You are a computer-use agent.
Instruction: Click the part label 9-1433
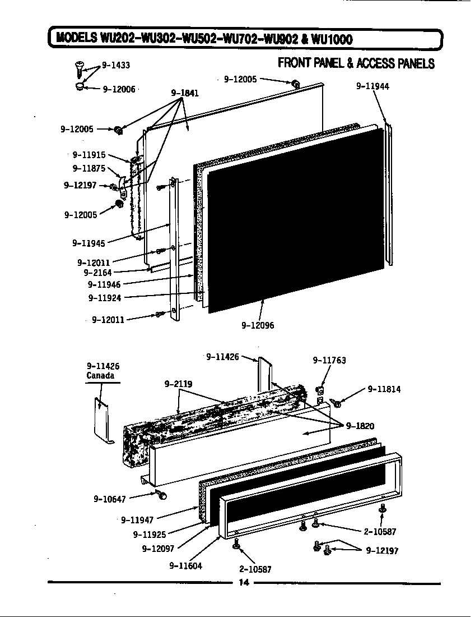(115, 65)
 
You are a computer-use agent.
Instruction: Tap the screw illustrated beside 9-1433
(78, 70)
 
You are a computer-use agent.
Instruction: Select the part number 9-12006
(119, 89)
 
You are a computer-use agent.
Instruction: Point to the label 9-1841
(184, 93)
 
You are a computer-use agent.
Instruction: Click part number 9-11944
(372, 86)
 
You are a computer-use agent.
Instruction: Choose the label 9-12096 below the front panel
(258, 325)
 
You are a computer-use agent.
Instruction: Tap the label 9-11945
(88, 243)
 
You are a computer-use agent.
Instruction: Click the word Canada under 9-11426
(103, 375)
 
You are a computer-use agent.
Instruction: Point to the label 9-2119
(178, 384)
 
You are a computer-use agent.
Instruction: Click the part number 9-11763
(329, 361)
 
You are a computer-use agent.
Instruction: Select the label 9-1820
(360, 426)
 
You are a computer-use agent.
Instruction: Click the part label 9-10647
(109, 498)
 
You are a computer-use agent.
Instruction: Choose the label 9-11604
(185, 565)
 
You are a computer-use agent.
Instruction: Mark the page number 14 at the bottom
(244, 582)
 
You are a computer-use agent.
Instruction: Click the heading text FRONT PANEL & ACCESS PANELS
(356, 63)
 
